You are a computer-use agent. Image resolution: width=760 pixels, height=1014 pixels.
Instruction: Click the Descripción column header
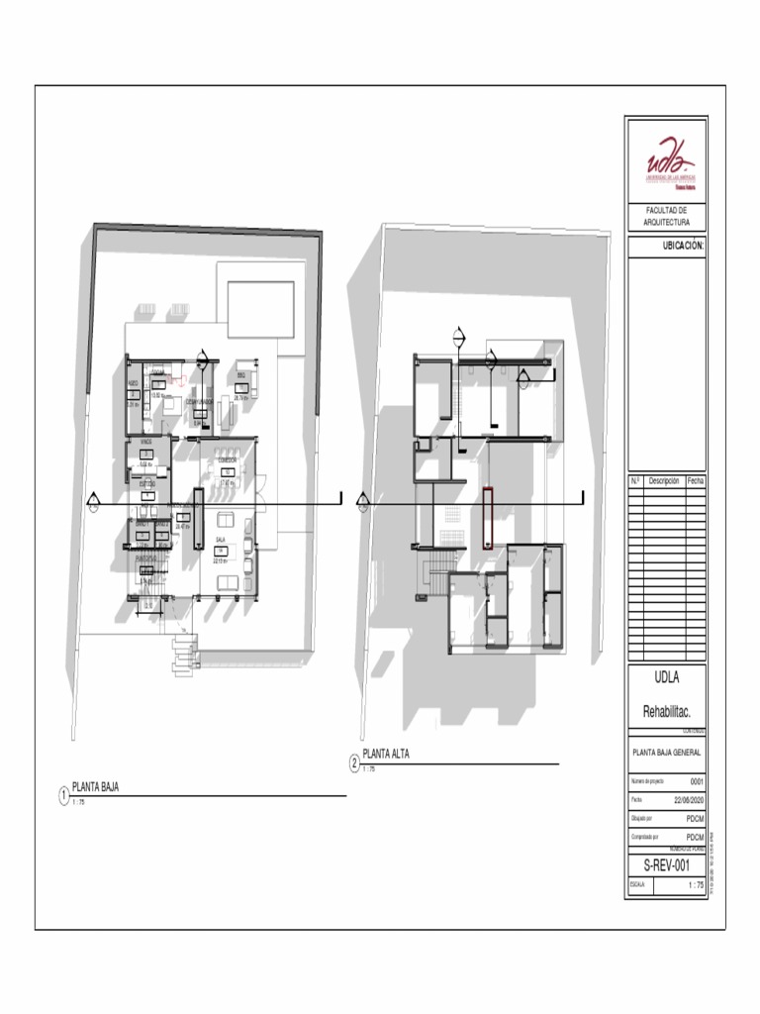pos(663,480)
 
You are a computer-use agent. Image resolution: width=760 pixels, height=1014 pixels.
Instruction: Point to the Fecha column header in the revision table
pos(695,480)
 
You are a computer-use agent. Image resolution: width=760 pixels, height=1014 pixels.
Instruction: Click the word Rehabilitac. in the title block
pos(666,712)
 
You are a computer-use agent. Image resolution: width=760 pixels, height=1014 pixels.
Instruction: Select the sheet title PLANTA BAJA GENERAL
pos(666,753)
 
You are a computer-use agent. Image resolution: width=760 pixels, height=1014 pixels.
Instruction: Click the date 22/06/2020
pos(688,800)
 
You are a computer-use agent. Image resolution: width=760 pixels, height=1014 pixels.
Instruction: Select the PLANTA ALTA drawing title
pos(386,755)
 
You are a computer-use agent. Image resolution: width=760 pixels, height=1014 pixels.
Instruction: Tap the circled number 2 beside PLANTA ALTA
pos(354,763)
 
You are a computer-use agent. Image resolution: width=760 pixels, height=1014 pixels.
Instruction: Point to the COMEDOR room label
pos(228,461)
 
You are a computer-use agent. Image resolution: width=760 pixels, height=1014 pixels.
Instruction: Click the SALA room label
pos(221,541)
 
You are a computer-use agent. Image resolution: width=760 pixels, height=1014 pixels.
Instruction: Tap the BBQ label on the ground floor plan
pos(240,377)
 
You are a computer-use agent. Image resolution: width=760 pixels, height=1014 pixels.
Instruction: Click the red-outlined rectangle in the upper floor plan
pos(487,517)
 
